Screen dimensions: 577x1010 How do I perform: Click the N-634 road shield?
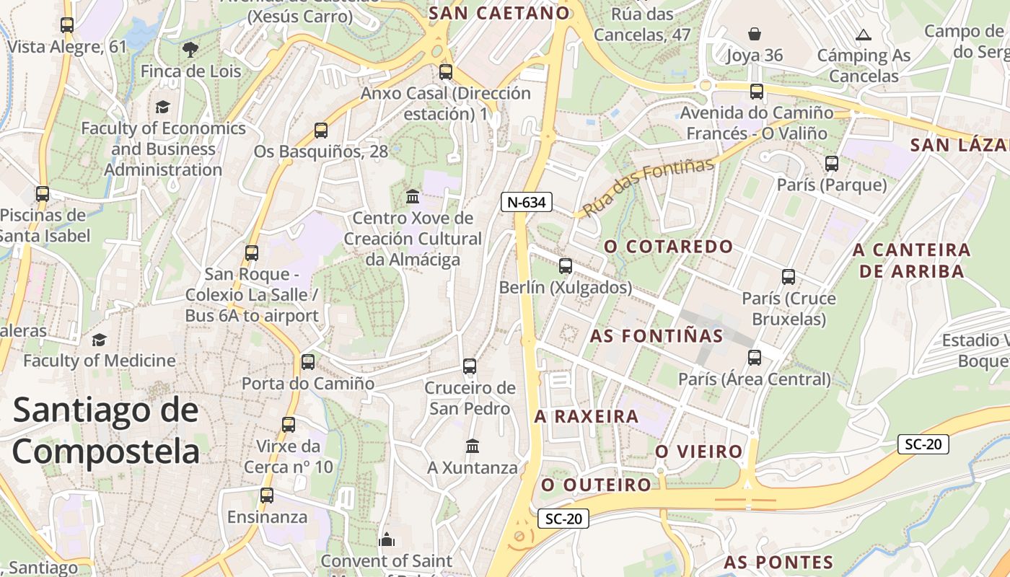pyautogui.click(x=526, y=202)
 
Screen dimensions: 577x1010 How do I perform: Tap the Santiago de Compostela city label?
pyautogui.click(x=105, y=431)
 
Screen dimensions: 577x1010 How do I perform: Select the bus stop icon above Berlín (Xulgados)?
pyautogui.click(x=566, y=266)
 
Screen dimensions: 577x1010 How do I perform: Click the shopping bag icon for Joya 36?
pyautogui.click(x=754, y=34)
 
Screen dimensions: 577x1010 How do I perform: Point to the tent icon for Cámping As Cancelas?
pyautogui.click(x=863, y=34)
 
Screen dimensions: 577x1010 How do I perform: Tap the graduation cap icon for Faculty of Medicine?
pyautogui.click(x=99, y=340)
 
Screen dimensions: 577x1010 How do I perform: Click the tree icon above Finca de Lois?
pyautogui.click(x=190, y=49)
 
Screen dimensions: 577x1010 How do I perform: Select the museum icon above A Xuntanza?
pyautogui.click(x=473, y=446)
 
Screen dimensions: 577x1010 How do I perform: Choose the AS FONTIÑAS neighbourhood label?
pyautogui.click(x=656, y=336)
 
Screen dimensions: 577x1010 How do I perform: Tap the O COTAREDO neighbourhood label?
pyautogui.click(x=668, y=247)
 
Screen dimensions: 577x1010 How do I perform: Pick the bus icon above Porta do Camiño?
pyautogui.click(x=308, y=361)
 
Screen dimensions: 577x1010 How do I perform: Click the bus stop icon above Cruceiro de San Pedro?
pyautogui.click(x=470, y=366)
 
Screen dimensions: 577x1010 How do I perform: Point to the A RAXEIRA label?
pyautogui.click(x=587, y=416)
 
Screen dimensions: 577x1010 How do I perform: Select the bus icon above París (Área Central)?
pyautogui.click(x=755, y=357)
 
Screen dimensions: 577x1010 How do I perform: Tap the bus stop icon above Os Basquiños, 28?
pyautogui.click(x=321, y=131)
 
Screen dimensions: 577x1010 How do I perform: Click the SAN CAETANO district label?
pyautogui.click(x=499, y=12)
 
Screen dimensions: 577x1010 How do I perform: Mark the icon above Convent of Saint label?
pyautogui.click(x=387, y=539)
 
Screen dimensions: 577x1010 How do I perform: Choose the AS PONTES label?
pyautogui.click(x=778, y=563)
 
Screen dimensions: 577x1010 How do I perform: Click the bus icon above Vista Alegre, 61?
pyautogui.click(x=67, y=25)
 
